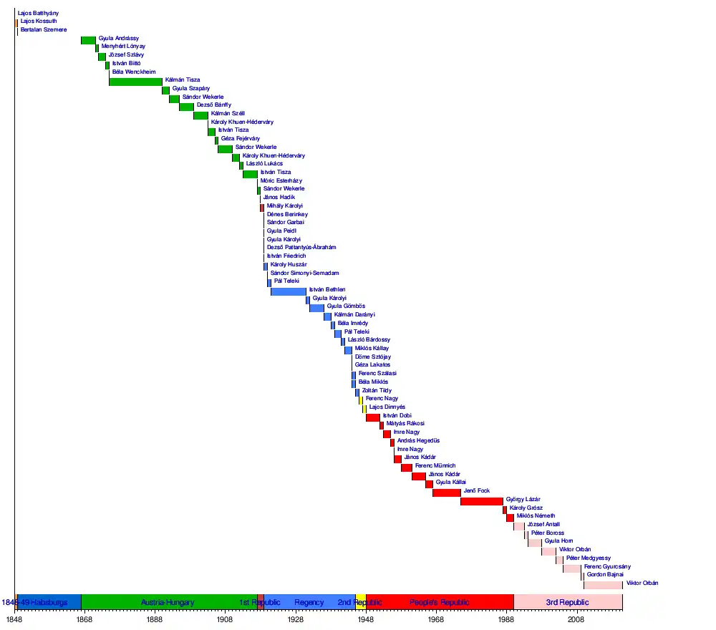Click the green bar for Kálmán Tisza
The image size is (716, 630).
click(x=135, y=81)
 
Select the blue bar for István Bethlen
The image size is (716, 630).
click(x=288, y=291)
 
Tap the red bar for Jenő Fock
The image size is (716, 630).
click(x=446, y=492)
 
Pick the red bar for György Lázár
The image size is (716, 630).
click(x=481, y=500)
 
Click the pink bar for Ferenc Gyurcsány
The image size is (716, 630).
click(x=571, y=568)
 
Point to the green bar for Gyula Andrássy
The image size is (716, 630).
click(x=88, y=39)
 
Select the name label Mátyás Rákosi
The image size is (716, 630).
click(x=405, y=424)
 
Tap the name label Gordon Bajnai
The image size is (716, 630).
click(x=605, y=575)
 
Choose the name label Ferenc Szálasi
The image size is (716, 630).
click(x=377, y=374)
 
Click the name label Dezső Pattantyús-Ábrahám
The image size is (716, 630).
click(x=301, y=248)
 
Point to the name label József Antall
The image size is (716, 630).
click(x=543, y=525)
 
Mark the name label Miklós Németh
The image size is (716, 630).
click(x=536, y=516)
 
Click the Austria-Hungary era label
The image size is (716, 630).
click(x=168, y=603)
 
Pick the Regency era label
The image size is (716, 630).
click(x=309, y=603)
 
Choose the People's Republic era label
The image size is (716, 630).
click(x=440, y=603)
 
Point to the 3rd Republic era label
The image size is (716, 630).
click(x=567, y=603)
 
